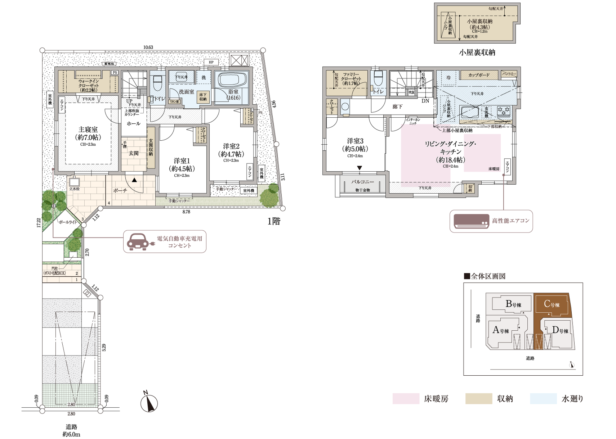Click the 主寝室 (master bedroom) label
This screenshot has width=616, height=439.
click(x=88, y=130)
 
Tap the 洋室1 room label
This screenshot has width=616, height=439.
click(x=182, y=161)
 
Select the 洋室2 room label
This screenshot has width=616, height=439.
click(x=231, y=146)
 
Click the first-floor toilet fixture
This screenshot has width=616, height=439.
click(x=157, y=85)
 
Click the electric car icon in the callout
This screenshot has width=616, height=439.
click(x=138, y=241)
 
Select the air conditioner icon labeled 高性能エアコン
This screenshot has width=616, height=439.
click(x=470, y=221)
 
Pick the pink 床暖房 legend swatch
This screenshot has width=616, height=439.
click(x=406, y=399)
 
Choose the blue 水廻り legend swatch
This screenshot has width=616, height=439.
click(x=543, y=399)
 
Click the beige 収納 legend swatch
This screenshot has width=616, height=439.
click(x=478, y=399)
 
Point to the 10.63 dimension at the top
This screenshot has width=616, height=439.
click(x=148, y=47)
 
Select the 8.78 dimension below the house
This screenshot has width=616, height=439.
click(x=186, y=212)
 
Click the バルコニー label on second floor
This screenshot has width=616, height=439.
click(x=362, y=182)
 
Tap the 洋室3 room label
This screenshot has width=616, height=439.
click(x=355, y=141)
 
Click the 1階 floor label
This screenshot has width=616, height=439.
click(x=273, y=221)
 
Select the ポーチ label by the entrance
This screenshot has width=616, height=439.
click(x=120, y=190)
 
